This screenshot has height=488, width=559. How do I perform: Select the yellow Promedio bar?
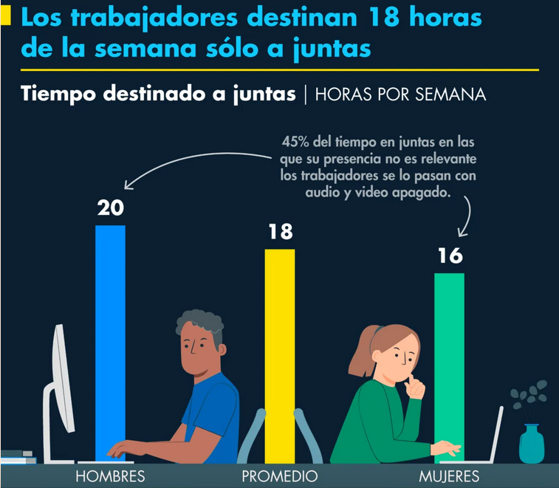280,356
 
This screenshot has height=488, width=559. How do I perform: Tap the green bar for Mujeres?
449,368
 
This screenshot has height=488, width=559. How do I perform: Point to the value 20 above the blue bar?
111,207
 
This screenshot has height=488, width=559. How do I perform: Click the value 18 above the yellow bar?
281,232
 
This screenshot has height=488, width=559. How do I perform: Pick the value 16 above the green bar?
450,255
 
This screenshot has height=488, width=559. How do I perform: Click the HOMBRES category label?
110,476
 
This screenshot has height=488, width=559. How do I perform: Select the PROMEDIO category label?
279,476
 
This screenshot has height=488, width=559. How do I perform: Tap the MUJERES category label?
449,476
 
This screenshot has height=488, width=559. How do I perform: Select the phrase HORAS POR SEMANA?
400,94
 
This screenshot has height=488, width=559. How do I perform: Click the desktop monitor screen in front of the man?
63,378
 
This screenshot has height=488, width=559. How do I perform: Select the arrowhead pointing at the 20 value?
128,185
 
